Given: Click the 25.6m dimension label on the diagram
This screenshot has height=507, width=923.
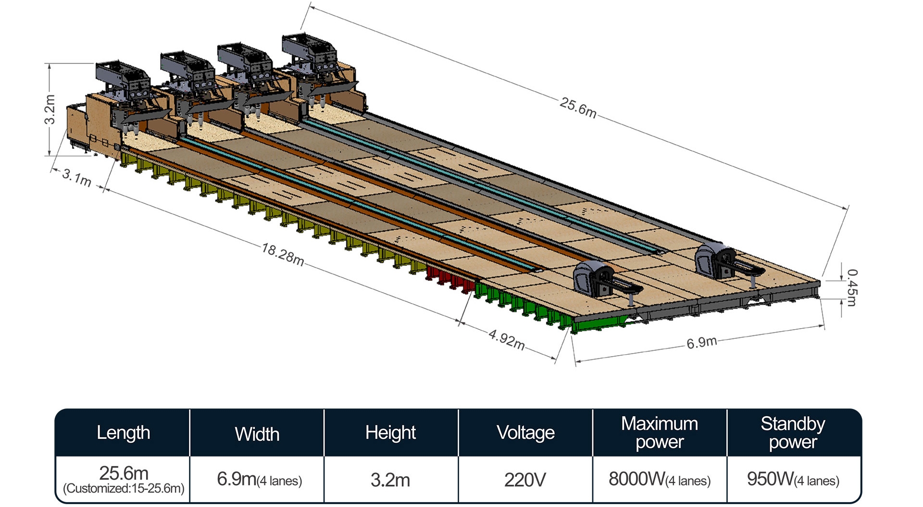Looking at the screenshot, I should click(x=578, y=108).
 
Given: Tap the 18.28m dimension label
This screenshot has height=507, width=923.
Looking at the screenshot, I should click(x=283, y=254).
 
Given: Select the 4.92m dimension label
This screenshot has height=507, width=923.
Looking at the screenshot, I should click(x=507, y=339).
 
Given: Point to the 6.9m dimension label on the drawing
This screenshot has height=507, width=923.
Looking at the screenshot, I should click(x=701, y=343).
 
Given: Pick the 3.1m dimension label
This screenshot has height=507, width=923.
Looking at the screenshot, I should click(x=77, y=177).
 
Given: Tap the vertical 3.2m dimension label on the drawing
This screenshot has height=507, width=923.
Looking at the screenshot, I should click(x=50, y=110).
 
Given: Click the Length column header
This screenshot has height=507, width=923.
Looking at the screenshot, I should click(x=123, y=433).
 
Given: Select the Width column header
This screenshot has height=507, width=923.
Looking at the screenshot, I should click(x=257, y=434).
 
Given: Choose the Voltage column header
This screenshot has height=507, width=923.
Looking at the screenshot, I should click(x=525, y=433).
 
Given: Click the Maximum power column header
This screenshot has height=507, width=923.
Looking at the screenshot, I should click(x=660, y=433).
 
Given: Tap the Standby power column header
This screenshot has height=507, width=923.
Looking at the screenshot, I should click(x=793, y=433).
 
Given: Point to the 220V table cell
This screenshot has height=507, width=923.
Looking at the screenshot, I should click(x=525, y=480).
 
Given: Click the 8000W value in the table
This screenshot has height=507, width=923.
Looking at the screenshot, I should click(x=637, y=479).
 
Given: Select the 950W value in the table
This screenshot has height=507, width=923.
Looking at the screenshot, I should click(x=771, y=479).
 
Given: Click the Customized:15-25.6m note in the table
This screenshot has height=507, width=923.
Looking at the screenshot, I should click(x=124, y=489).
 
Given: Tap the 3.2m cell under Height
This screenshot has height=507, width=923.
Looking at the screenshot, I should click(x=390, y=480).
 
